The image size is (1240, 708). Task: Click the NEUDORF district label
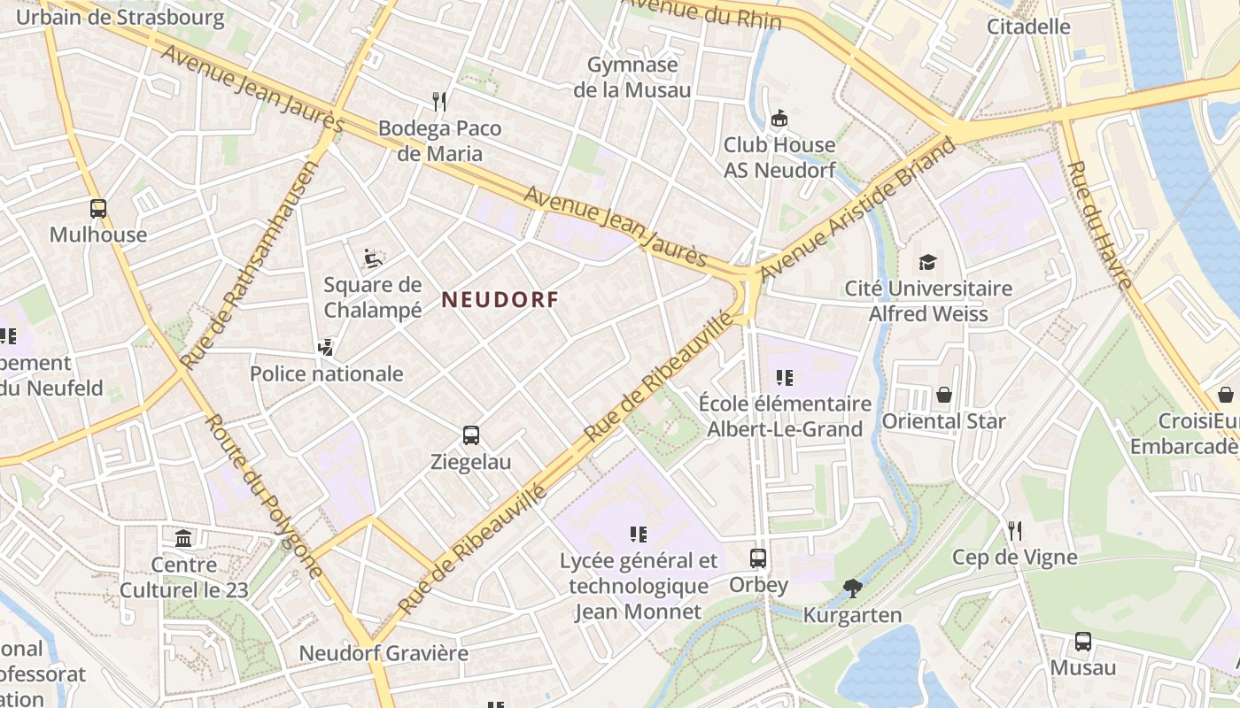[x=500, y=300]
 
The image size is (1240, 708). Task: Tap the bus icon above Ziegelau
[x=471, y=435]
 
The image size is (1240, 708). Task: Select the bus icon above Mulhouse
[x=98, y=209]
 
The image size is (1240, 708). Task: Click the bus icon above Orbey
[x=758, y=558]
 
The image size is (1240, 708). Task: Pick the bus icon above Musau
[x=1082, y=642]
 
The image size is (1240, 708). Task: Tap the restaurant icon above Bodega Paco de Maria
[x=438, y=101]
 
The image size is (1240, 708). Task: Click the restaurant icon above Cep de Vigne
[x=1015, y=531]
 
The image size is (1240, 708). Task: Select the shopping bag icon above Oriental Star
[x=943, y=395]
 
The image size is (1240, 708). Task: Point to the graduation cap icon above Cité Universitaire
[x=927, y=262]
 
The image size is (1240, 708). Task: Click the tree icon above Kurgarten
[x=852, y=588]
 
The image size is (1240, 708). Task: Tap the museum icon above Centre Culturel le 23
[x=183, y=538]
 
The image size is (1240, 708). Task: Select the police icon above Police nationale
[x=326, y=347]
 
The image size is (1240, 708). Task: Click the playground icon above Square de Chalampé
[x=373, y=258]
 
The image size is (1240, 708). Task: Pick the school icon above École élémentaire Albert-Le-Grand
[x=784, y=378]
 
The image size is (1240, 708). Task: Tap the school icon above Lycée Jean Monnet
[x=638, y=534]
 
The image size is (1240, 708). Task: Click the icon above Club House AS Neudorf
[x=779, y=118]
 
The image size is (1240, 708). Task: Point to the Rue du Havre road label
[x=1099, y=225]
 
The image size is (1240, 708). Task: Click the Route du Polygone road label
[x=263, y=496]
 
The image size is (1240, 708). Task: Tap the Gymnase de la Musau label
[x=632, y=77]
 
